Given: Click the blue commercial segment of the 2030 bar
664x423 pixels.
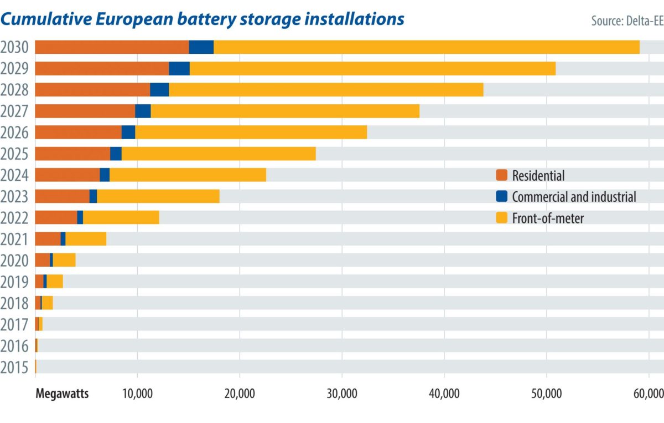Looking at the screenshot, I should coord(201,47).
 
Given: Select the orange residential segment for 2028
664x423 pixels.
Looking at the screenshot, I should coord(92,90).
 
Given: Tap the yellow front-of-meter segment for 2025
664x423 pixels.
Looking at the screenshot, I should coord(219,154).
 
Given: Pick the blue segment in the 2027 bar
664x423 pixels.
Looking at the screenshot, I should coord(143,111).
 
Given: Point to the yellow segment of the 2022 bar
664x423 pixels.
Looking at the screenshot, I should coord(121,217).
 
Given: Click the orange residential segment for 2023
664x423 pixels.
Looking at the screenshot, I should coord(62,196).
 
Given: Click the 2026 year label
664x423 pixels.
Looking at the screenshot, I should coord(15,132).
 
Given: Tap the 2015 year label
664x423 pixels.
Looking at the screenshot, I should coord(15,367).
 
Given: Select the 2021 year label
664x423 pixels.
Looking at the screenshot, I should coord(15,239).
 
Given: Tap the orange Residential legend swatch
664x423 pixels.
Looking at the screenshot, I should coord(501,176).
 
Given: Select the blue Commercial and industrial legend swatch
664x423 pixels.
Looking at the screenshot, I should coord(501,197).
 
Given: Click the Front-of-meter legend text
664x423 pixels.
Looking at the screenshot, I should coord(548,218).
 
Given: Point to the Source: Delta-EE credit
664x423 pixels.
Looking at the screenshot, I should coord(627,21).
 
